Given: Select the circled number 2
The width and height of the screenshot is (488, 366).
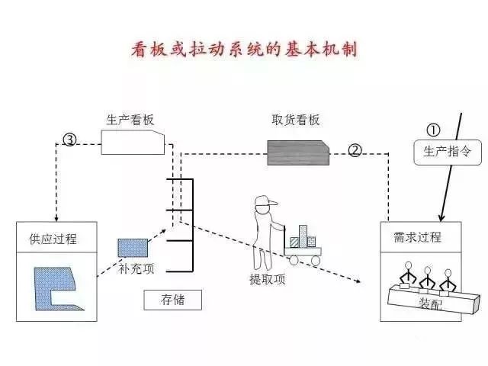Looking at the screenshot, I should pyautogui.click(x=355, y=149).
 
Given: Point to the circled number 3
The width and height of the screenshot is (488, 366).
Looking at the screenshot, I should pyautogui.click(x=69, y=140).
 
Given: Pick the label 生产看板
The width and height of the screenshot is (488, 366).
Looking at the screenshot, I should pyautogui.click(x=129, y=120).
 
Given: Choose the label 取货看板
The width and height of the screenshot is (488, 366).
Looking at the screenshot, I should pyautogui.click(x=295, y=120).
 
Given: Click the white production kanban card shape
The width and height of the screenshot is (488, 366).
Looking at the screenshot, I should pyautogui.click(x=134, y=142).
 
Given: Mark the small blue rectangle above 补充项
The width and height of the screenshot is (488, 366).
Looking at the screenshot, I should pyautogui.click(x=127, y=248).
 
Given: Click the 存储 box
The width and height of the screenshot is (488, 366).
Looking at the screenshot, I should pyautogui.click(x=173, y=299).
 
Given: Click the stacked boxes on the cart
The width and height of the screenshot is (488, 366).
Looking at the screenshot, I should pyautogui.click(x=303, y=236).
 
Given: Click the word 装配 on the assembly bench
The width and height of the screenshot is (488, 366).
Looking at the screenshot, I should pyautogui.click(x=429, y=303).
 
